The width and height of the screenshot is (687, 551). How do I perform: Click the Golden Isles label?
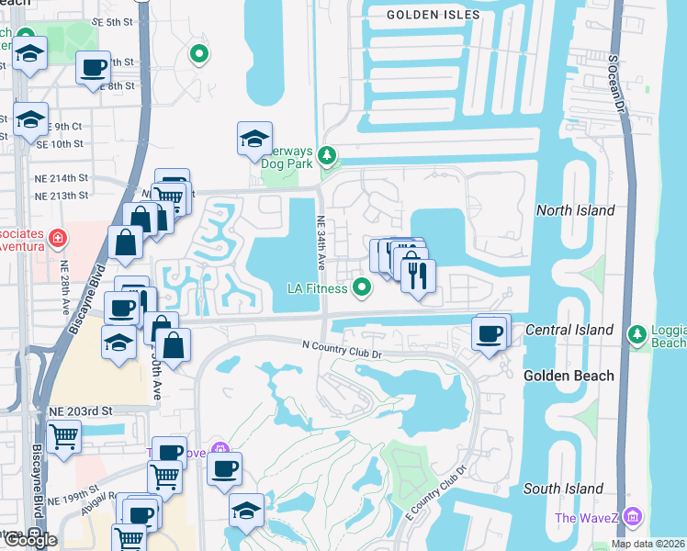click(422, 15)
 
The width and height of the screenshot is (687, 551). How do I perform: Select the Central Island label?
click(569, 330)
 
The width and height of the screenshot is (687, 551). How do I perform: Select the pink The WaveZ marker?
click(631, 517)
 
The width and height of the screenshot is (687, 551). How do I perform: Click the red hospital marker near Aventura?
click(58, 239)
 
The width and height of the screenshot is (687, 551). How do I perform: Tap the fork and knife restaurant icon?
click(418, 275)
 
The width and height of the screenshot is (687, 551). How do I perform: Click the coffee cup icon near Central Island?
click(490, 332)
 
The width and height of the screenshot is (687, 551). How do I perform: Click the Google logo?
click(30, 540)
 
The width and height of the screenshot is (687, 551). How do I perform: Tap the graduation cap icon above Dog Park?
click(254, 138)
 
